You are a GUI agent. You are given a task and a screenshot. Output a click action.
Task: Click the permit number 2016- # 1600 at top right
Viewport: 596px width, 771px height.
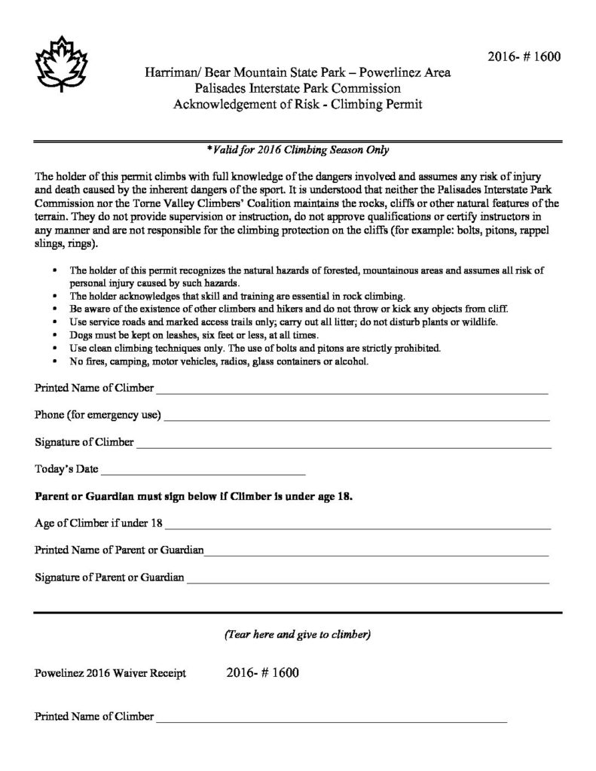click(524, 57)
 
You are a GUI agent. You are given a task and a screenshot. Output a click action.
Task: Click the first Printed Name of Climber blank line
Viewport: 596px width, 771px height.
click(352, 392)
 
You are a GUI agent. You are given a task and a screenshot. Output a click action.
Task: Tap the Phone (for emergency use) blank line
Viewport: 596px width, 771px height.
click(356, 419)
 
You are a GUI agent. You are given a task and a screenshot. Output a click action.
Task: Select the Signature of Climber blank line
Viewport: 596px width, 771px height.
click(343, 446)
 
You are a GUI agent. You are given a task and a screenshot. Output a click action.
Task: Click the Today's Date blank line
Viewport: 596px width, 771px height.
click(203, 474)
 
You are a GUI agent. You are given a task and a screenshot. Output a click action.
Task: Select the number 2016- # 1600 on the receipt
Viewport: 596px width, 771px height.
click(262, 672)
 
